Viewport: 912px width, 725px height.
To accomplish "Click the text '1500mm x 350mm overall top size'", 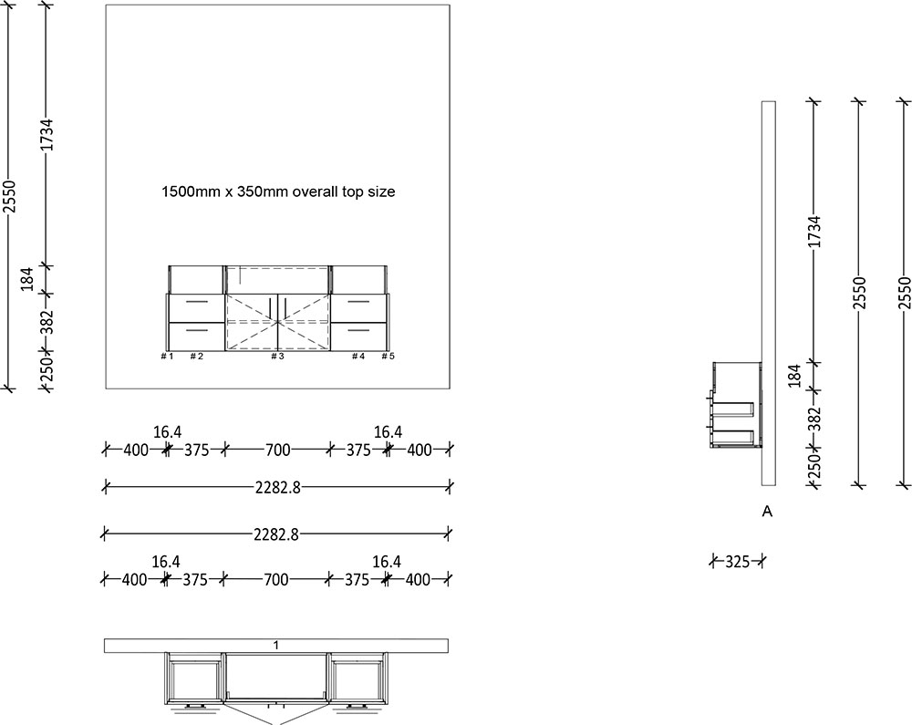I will tap(277, 192).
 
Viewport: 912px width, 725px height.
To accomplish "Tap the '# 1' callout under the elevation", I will tap(167, 357).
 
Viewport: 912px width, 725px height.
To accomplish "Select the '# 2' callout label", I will tap(196, 357).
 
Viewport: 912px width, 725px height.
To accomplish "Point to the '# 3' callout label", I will tap(277, 357).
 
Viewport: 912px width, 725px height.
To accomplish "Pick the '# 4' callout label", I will tap(358, 357).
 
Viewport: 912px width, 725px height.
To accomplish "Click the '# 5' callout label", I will tap(388, 357).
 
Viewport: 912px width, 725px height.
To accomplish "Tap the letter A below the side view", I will tap(767, 513).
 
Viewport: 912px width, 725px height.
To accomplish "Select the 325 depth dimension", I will tap(737, 562).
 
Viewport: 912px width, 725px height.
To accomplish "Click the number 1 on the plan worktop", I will tap(276, 646).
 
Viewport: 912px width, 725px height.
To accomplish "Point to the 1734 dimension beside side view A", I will tap(814, 233).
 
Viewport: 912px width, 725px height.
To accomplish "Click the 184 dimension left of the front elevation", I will tap(27, 279).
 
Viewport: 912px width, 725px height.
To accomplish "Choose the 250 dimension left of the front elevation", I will tap(47, 368).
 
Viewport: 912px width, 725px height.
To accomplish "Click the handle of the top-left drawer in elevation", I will tap(196, 301).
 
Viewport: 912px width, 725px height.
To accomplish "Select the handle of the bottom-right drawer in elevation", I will tap(358, 329).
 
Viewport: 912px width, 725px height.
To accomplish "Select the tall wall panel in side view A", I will tap(768, 292).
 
